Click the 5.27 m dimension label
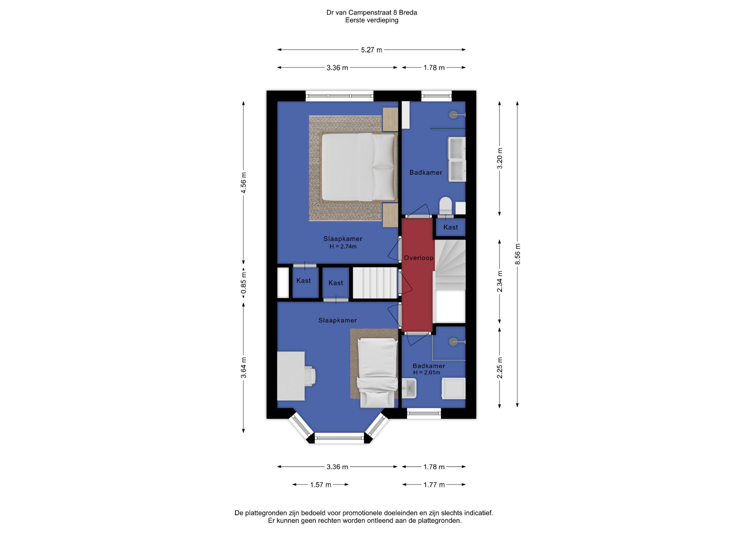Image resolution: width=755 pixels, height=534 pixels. [371, 50]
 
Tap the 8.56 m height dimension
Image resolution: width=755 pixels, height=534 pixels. [518, 254]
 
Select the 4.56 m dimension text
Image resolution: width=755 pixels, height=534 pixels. [243, 183]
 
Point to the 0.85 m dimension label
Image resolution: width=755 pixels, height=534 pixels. [243, 283]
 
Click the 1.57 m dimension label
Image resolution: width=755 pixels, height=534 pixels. [321, 485]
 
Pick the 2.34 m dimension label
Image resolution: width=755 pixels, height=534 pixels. [500, 281]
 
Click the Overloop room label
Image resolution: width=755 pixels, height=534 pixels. [419, 258]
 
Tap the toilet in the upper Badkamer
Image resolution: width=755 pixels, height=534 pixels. [445, 205]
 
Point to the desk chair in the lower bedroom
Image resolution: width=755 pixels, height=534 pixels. [310, 375]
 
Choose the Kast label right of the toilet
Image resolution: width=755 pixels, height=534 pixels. [450, 227]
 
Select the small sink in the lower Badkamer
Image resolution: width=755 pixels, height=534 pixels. [409, 388]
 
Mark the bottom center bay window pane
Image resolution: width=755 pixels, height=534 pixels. [339, 438]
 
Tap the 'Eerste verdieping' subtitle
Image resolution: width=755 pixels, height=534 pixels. [371, 20]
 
